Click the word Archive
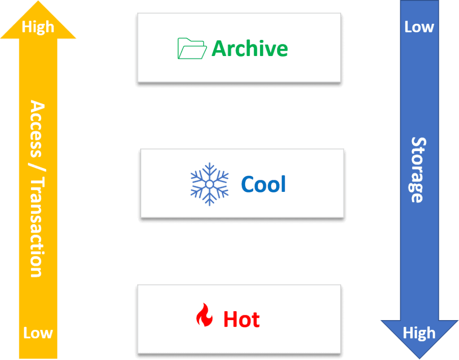pyautogui.click(x=250, y=48)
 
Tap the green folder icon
pyautogui.click(x=192, y=48)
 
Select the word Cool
pyautogui.click(x=264, y=184)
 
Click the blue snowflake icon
pyautogui.click(x=209, y=184)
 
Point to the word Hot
pyautogui.click(x=242, y=320)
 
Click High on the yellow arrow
pyautogui.click(x=38, y=27)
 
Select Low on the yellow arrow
pyautogui.click(x=38, y=333)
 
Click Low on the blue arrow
pyautogui.click(x=419, y=27)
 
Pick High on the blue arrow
pyautogui.click(x=419, y=333)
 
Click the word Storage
pyautogui.click(x=418, y=170)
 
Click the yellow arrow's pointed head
pyautogui.click(x=38, y=13)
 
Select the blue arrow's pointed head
pyautogui.click(x=419, y=347)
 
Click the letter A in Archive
pyautogui.click(x=218, y=48)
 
